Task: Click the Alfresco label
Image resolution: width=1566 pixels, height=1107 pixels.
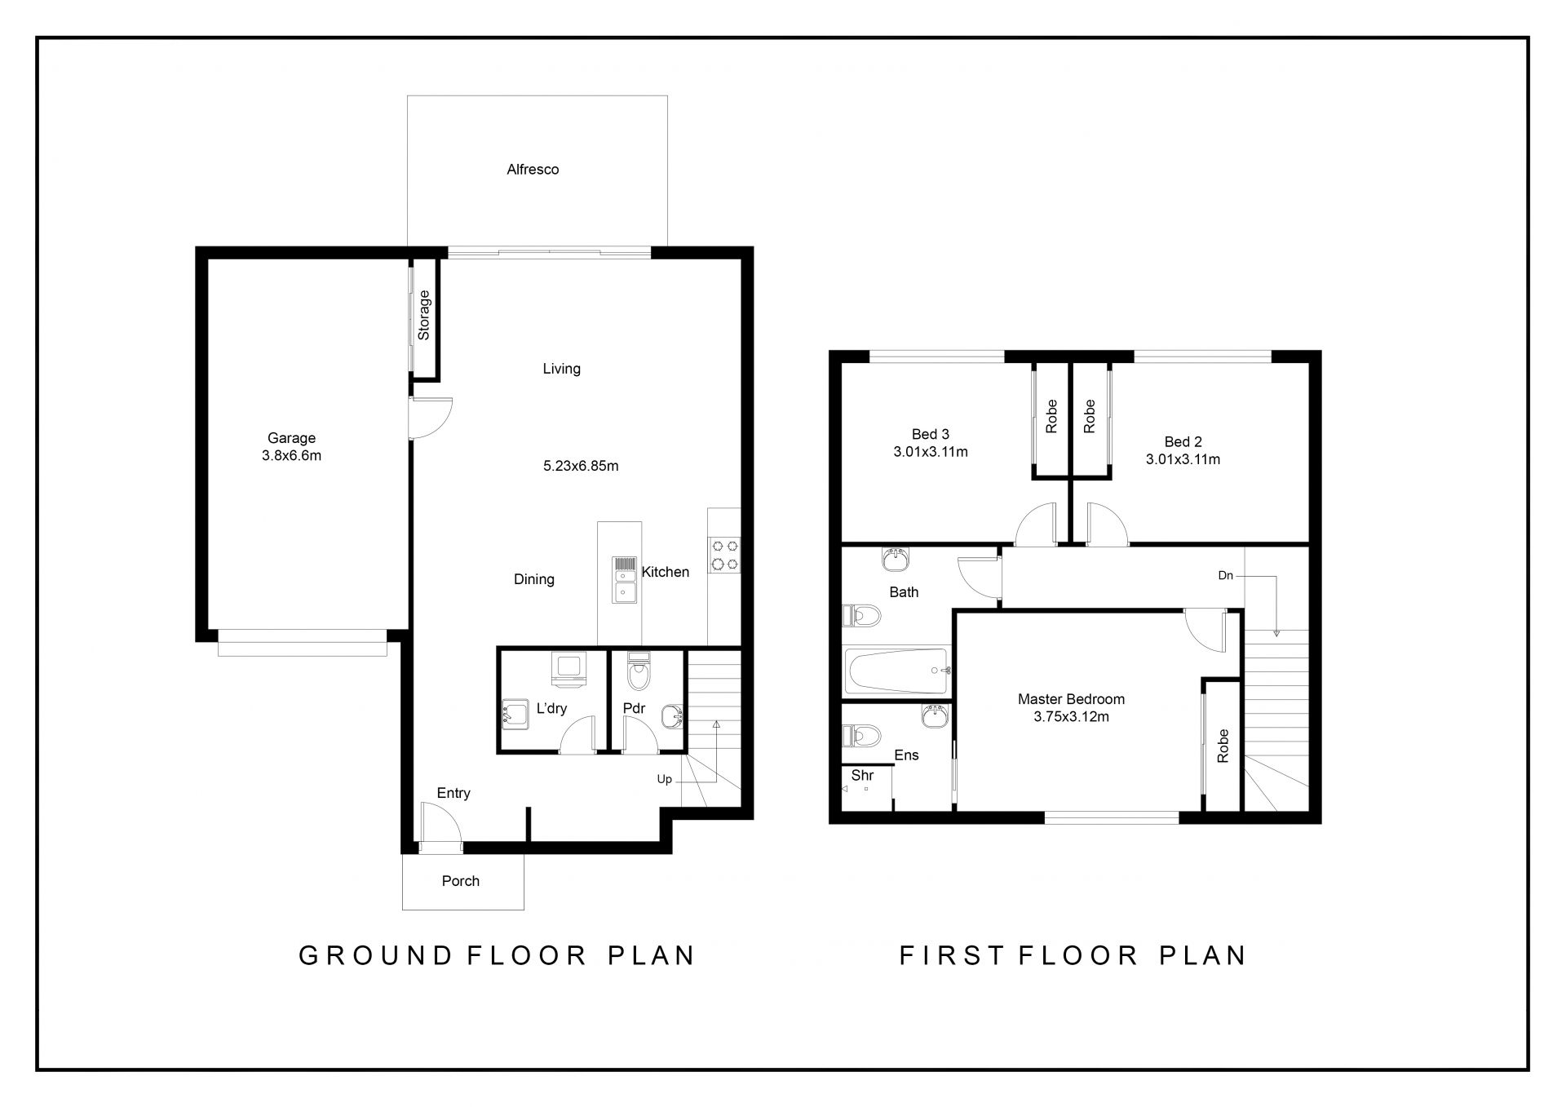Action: coord(533,170)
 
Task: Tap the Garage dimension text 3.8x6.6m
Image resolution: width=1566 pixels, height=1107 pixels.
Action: coord(291,456)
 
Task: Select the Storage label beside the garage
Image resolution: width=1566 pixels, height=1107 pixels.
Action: coord(423,315)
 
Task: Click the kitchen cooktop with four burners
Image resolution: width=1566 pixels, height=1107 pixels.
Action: coord(723,554)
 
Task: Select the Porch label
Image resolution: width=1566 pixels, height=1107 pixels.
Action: coord(461,881)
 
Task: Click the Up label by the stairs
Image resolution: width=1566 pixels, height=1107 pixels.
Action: coord(665,779)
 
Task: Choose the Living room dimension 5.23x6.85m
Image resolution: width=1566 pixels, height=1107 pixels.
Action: coord(581,467)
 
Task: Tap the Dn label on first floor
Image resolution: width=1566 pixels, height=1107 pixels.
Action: coord(1226,576)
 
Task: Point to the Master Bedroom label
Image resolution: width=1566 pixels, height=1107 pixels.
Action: coord(1071,699)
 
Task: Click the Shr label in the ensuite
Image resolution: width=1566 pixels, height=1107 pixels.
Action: coord(862,776)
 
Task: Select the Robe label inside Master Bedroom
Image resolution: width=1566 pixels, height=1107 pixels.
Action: coord(1223,746)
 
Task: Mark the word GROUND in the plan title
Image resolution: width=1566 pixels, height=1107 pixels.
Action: coord(375,955)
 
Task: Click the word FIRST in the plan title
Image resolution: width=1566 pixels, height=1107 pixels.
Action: coord(951,955)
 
